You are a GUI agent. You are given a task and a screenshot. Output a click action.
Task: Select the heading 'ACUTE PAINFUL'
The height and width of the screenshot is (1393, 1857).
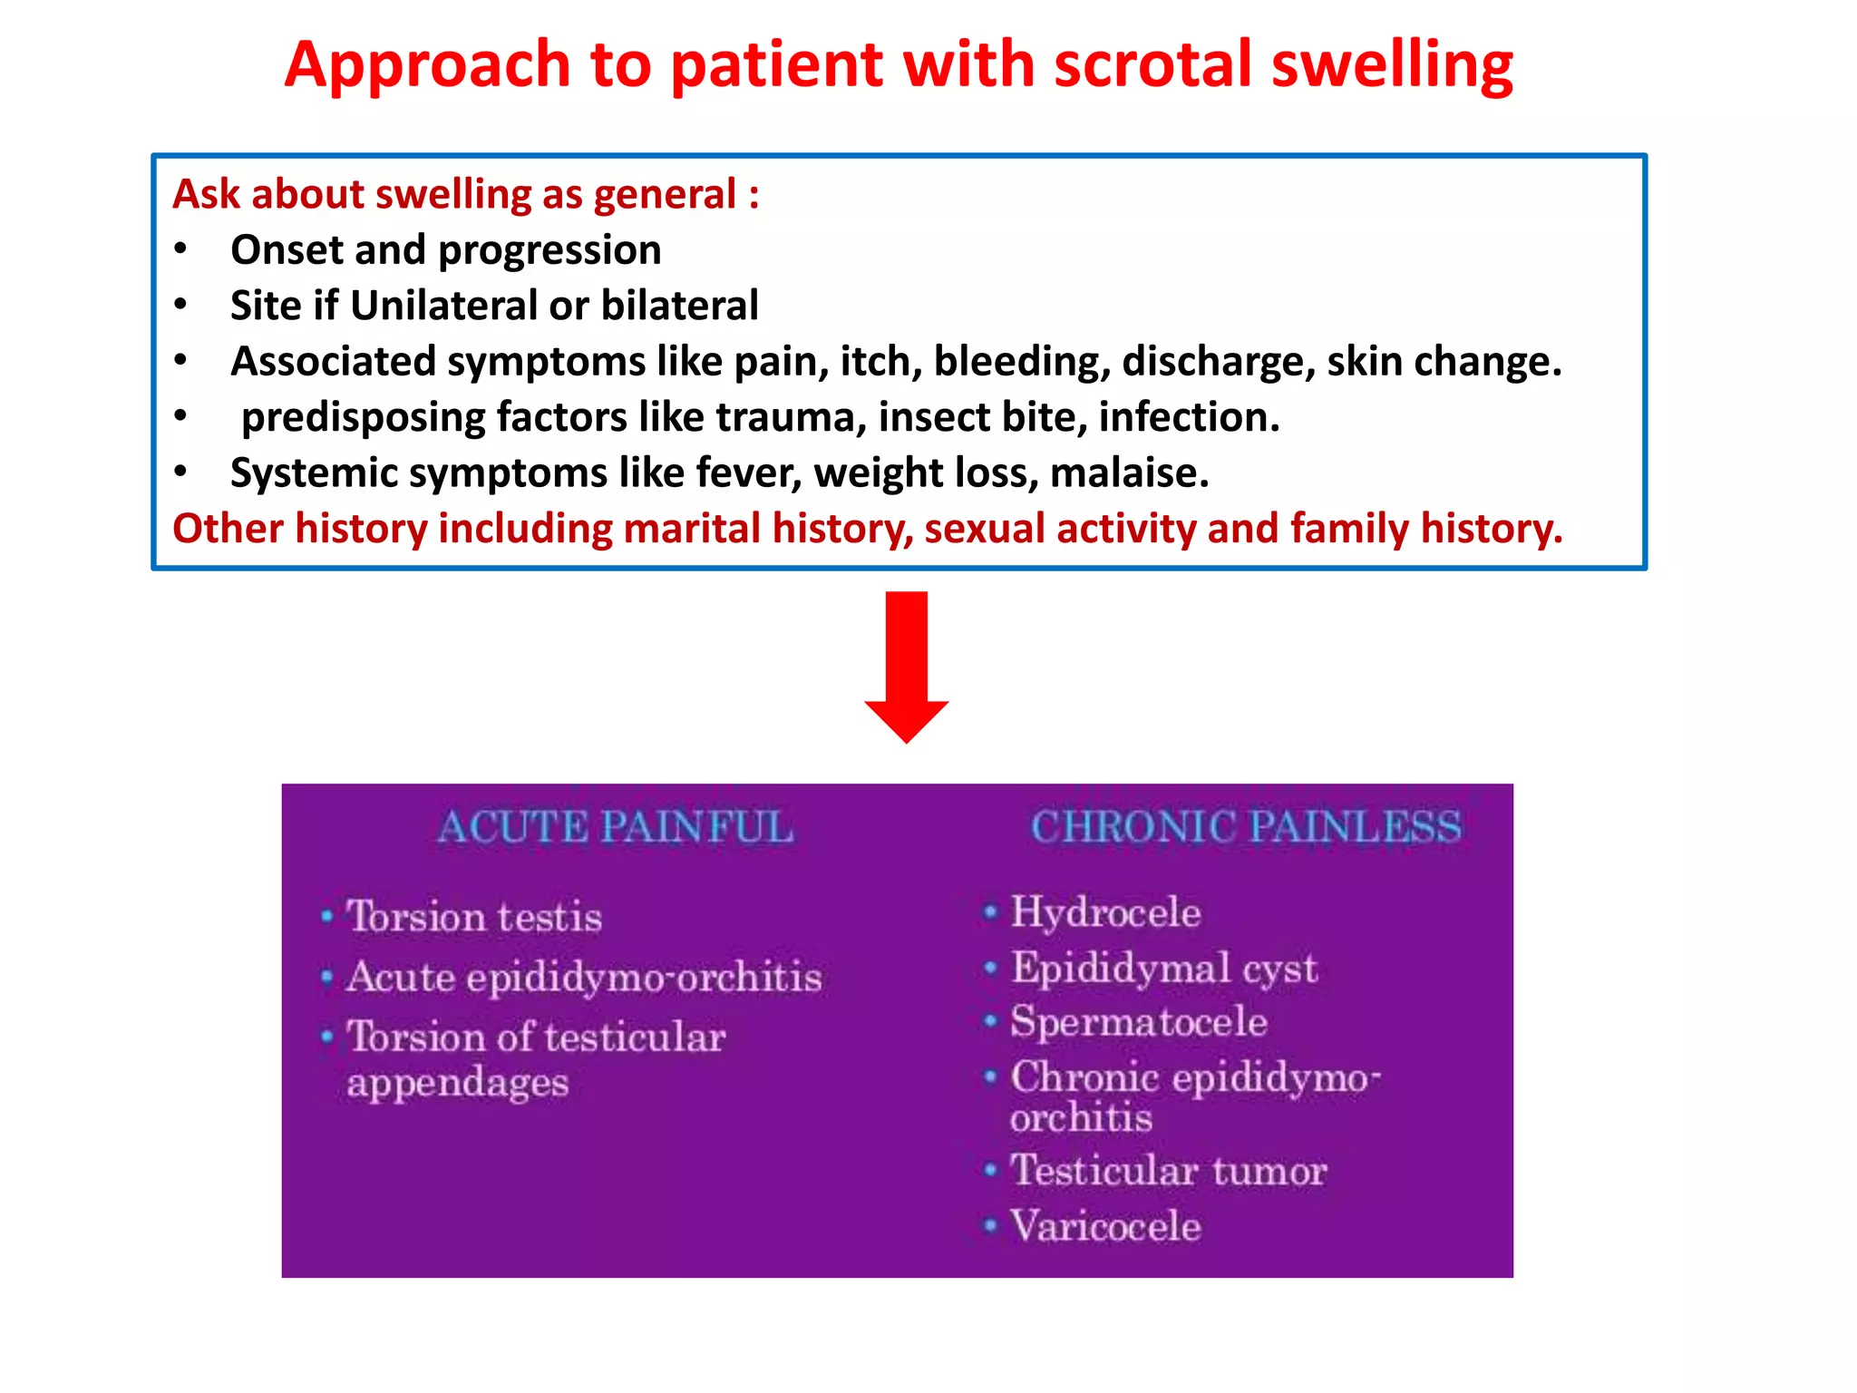pos(616,827)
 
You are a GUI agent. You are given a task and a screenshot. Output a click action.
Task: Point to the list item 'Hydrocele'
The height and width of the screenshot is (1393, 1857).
pos(1105,912)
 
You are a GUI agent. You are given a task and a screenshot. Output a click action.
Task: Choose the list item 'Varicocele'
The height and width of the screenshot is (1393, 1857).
pos(1105,1226)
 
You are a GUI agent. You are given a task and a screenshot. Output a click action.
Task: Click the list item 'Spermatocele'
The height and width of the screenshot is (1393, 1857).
pos(1139,1022)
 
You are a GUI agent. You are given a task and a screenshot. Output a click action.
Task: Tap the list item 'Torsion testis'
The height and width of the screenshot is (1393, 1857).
pos(474,917)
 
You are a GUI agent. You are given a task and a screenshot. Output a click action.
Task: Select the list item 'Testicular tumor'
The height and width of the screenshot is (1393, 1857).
pos(1169,1170)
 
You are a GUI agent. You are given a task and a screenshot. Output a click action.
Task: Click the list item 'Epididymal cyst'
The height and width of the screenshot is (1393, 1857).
pos(1164,968)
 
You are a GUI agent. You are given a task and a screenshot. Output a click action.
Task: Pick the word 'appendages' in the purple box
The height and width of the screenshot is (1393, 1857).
pos(457,1083)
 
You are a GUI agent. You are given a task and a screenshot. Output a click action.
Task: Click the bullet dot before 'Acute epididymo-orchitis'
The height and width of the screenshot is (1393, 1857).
pos(327,978)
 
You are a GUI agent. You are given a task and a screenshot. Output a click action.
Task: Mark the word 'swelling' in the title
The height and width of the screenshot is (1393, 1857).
pos(1392,65)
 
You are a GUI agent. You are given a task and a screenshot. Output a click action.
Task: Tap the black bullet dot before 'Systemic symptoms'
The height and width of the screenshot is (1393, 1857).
pos(181,472)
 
